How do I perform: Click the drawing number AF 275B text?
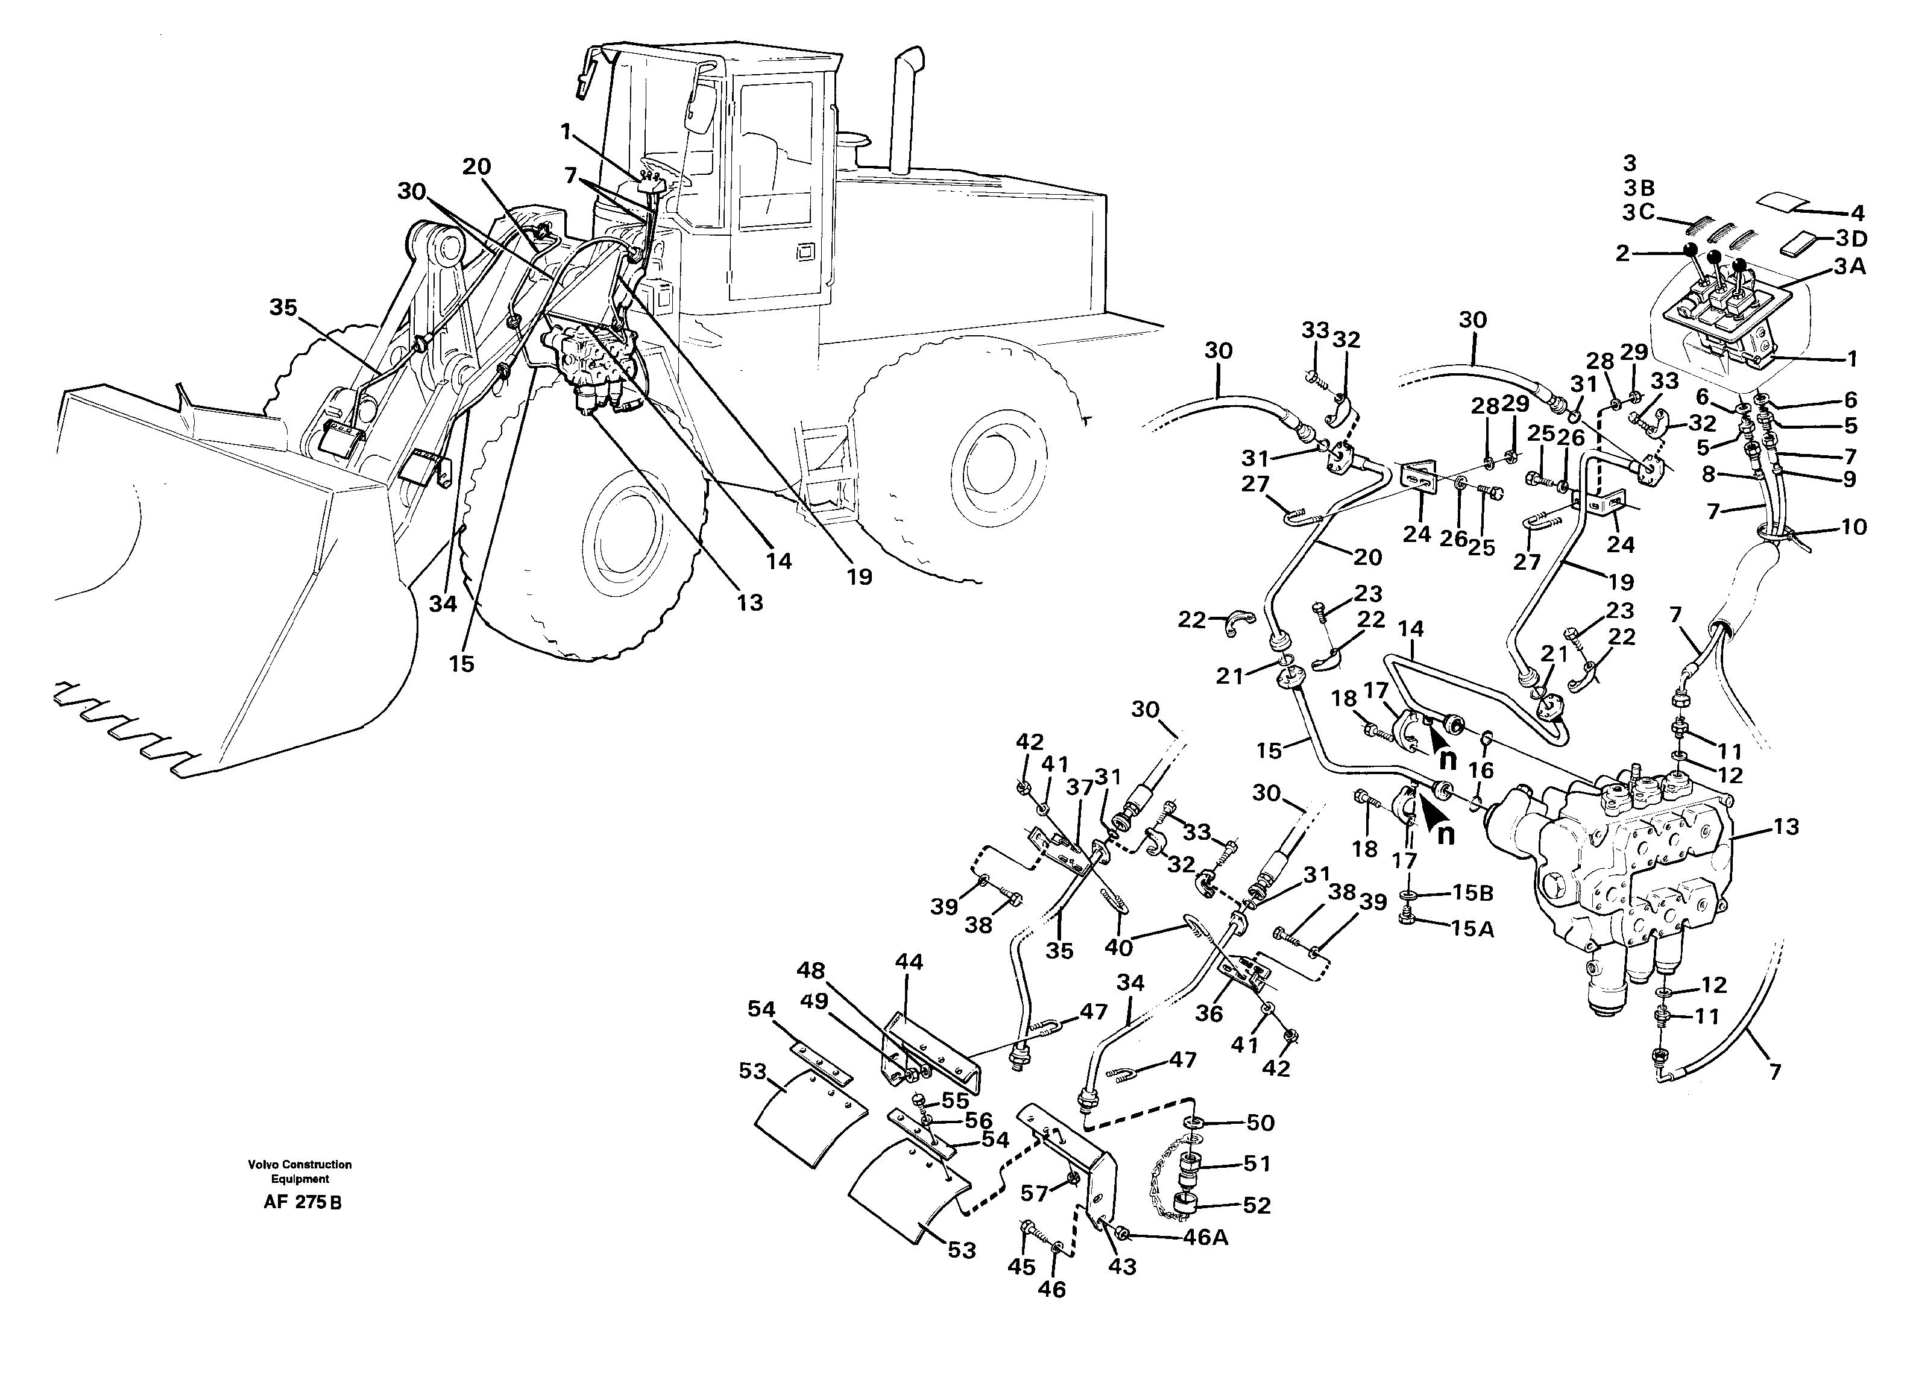click(302, 1202)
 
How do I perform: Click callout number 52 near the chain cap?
click(1256, 1205)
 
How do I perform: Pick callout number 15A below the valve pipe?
click(1472, 928)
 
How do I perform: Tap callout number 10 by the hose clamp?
click(1853, 527)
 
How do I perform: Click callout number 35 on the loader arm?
click(283, 307)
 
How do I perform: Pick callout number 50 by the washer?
click(1261, 1123)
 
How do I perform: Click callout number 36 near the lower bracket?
click(1208, 1013)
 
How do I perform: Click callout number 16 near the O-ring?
click(1480, 771)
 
